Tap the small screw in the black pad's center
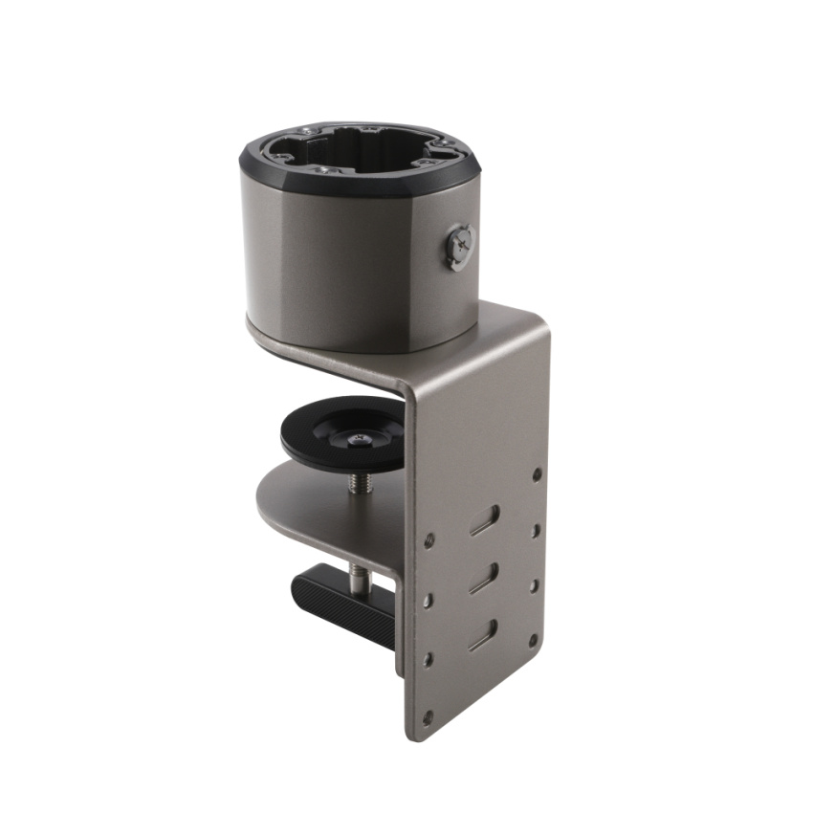tap(358, 438)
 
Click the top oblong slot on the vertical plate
tap(484, 519)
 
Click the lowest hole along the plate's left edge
tap(428, 714)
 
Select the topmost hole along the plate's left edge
tap(429, 540)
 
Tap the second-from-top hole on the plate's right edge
tap(536, 529)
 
